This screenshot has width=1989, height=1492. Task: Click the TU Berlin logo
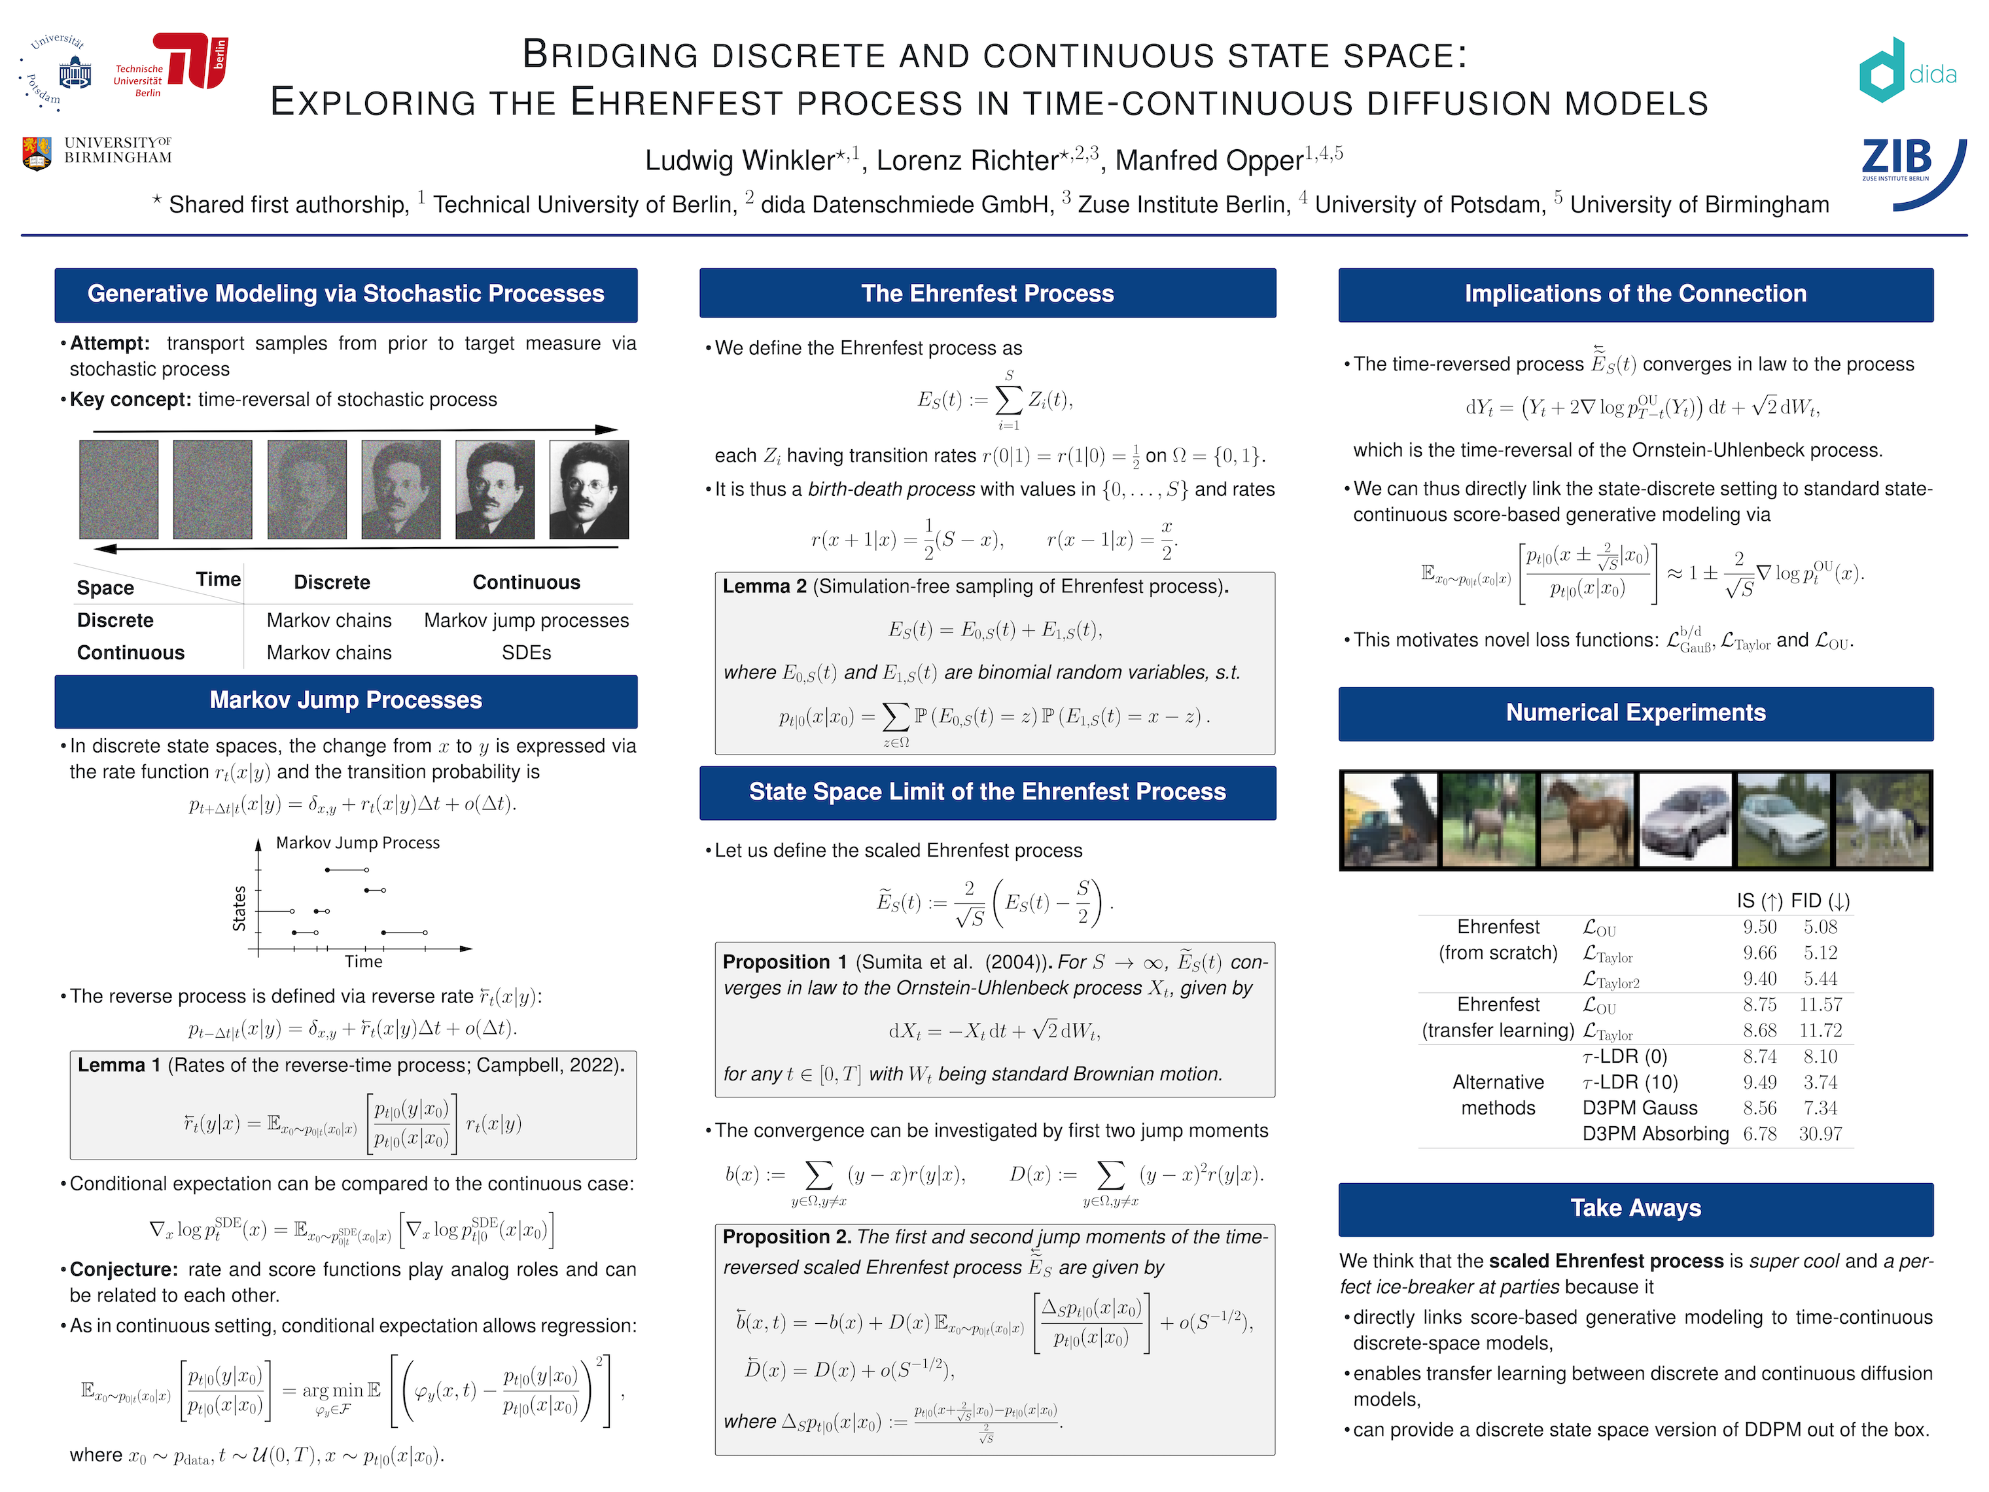tap(190, 61)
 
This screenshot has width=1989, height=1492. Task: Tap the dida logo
tap(1907, 70)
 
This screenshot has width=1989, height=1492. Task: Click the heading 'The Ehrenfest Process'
tap(987, 293)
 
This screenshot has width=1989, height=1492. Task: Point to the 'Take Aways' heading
tap(1635, 1208)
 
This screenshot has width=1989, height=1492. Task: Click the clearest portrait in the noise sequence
tap(588, 489)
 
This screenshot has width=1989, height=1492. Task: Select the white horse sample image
tap(1881, 820)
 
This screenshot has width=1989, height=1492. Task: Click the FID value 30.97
tap(1820, 1134)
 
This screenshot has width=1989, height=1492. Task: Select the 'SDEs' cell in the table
tap(526, 653)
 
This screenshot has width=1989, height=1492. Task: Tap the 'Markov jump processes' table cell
tap(526, 620)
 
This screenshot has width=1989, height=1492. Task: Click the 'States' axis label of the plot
tap(239, 908)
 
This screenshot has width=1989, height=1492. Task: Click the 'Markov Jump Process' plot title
tap(357, 843)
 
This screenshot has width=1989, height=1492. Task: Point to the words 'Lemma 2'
tap(764, 586)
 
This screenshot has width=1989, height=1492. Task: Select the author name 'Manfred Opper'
tap(1208, 160)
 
